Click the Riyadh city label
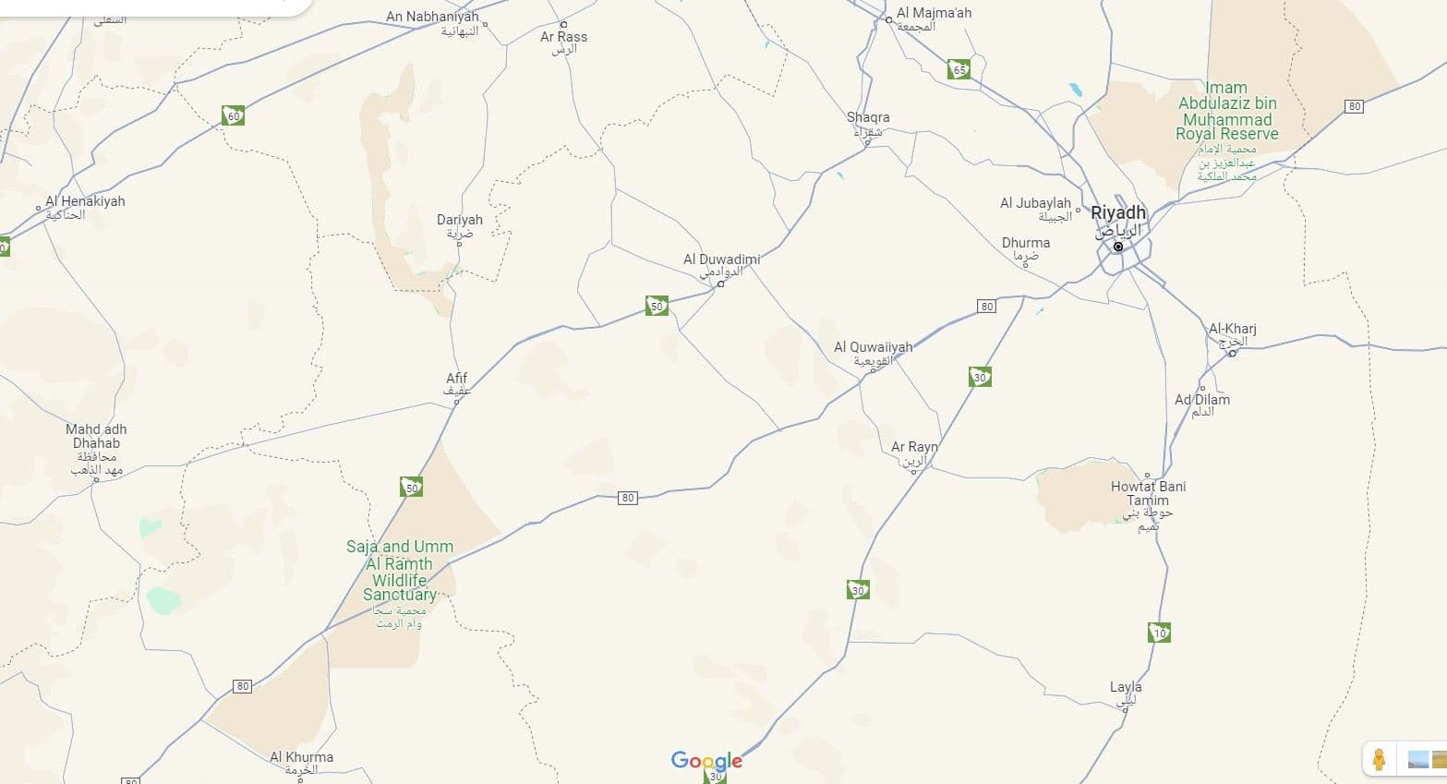[x=1117, y=213]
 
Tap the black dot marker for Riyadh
[x=1118, y=247]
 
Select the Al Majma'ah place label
[x=934, y=14]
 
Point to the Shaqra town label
[x=868, y=118]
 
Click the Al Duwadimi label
[x=721, y=260]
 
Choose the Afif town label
[x=456, y=379]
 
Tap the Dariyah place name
[x=459, y=221]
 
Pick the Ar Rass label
[x=563, y=38]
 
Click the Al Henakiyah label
[x=85, y=201]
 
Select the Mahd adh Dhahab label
[x=96, y=437]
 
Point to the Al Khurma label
[x=301, y=757]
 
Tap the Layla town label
[x=1126, y=687]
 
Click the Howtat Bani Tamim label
[x=1148, y=493]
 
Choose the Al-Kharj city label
[x=1232, y=330]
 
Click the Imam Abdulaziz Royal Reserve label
[x=1227, y=111]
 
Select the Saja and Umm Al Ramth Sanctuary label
[x=400, y=570]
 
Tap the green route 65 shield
[x=959, y=69]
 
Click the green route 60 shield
[x=233, y=115]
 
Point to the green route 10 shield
[x=1159, y=633]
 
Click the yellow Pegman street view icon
[x=1378, y=759]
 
